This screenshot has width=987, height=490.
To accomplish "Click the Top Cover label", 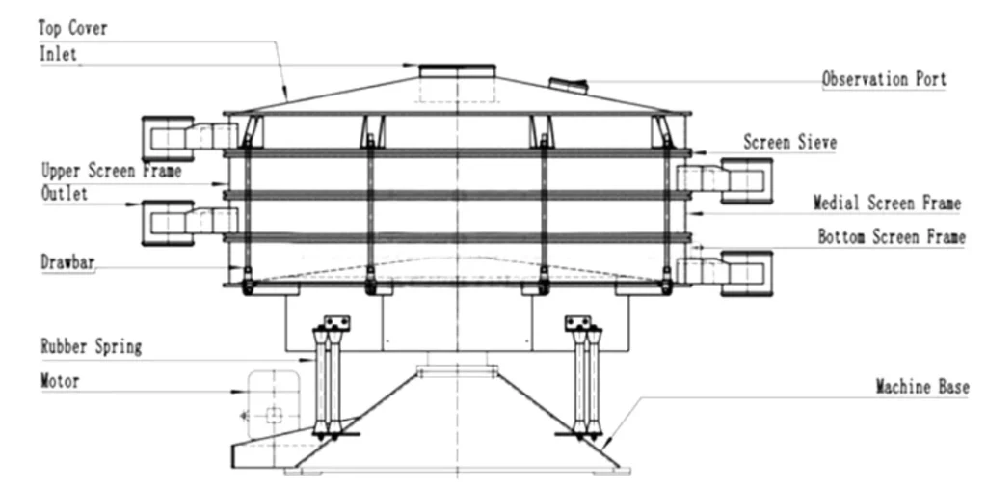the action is click(x=73, y=28).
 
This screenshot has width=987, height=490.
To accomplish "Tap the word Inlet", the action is click(x=59, y=53).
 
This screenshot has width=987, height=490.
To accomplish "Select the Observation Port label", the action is click(x=884, y=79).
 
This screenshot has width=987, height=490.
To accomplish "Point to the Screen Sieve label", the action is click(x=790, y=142).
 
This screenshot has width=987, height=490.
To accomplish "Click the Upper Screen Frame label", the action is click(x=112, y=171).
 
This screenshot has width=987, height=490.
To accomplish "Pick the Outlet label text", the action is click(x=65, y=193).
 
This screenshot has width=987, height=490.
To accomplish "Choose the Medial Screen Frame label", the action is click(x=888, y=204).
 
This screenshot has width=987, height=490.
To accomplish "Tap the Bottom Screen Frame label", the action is click(x=892, y=237).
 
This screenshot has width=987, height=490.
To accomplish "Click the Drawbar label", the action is click(x=68, y=262).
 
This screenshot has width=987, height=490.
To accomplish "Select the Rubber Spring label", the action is click(x=92, y=346).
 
